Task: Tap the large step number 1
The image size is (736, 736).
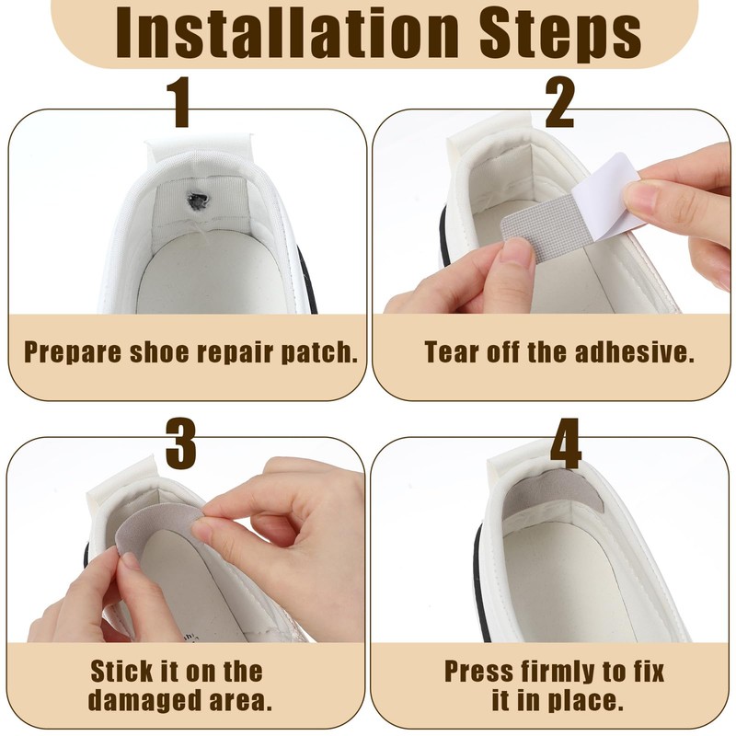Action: [180, 103]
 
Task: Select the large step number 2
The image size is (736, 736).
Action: [560, 103]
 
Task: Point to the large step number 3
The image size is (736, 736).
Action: [180, 443]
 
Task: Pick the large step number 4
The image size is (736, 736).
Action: [566, 443]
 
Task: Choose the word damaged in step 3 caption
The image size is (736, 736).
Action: [141, 701]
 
